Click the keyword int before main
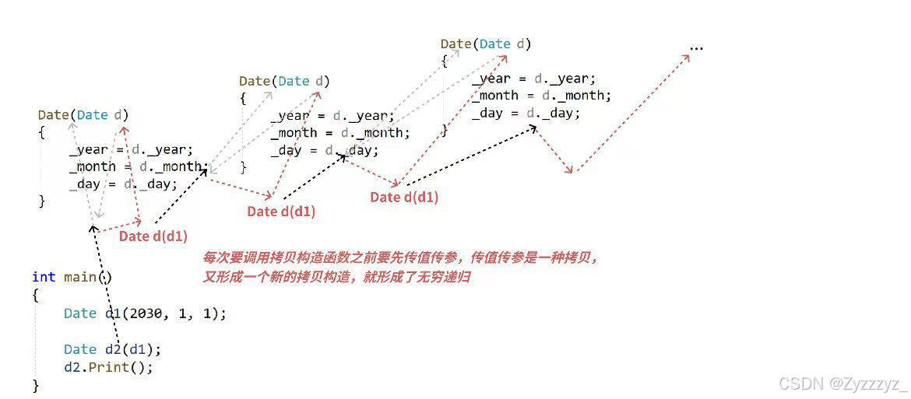44,277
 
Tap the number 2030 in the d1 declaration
145,313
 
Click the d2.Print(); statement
108,366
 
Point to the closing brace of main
36,384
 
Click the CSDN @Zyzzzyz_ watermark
843,383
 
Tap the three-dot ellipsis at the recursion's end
696,48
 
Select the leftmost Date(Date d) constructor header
83,115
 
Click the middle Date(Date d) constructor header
284,81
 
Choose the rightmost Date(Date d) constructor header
486,44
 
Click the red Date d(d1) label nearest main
153,236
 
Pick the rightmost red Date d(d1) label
404,198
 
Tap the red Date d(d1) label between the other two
281,211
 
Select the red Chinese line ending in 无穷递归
336,276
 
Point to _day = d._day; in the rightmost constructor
526,113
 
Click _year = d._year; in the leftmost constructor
131,149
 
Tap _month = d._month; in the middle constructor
340,132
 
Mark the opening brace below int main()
36,295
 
